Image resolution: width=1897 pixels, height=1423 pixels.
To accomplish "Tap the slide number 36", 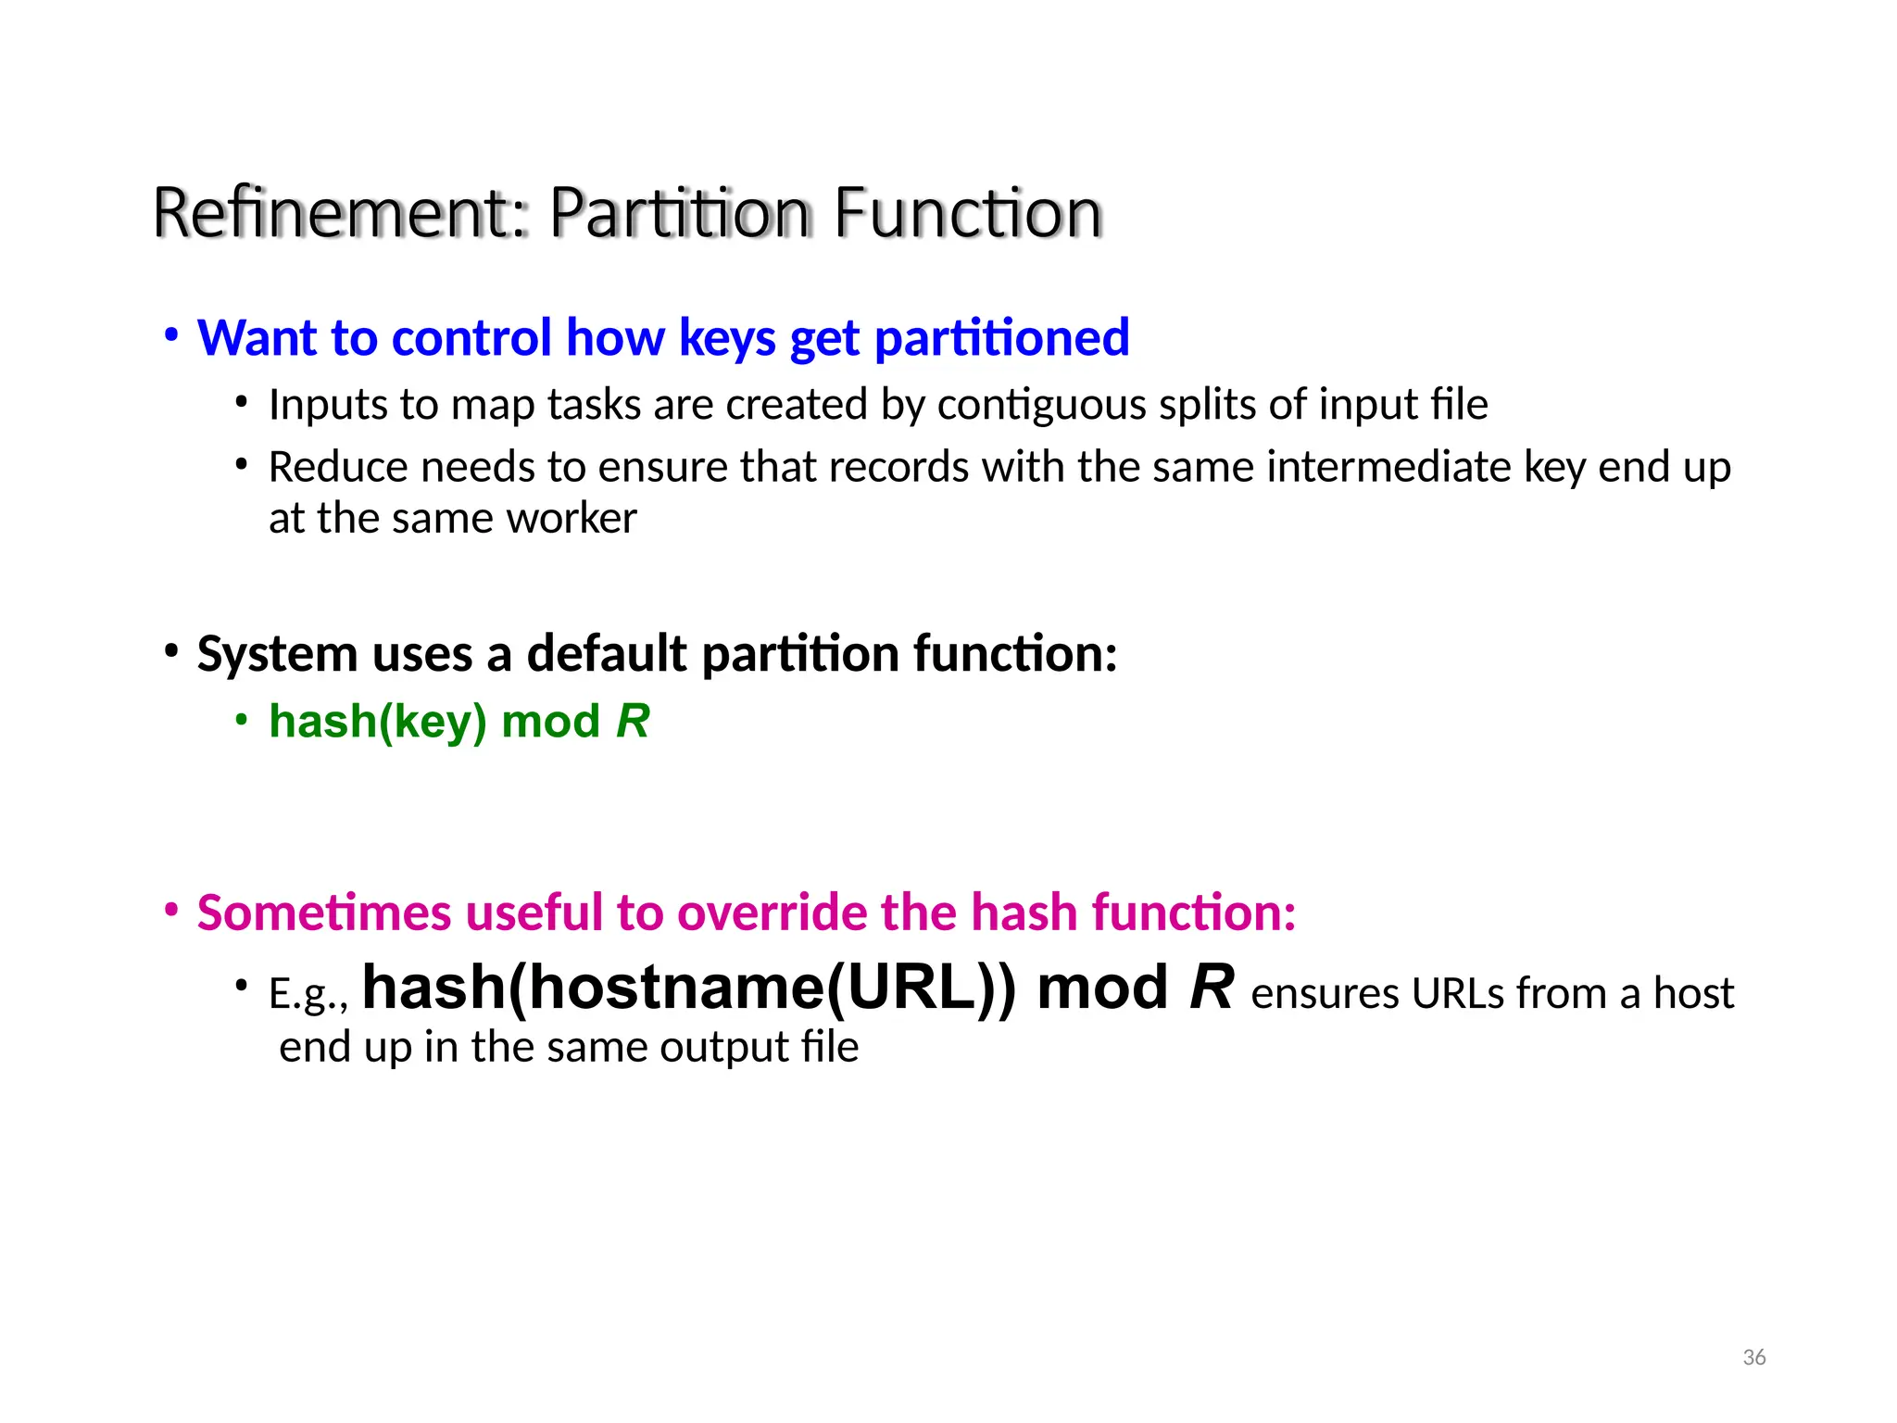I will [1753, 1357].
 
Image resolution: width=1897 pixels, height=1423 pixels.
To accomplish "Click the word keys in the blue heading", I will [727, 339].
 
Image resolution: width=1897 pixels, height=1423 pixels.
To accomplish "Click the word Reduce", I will [338, 467].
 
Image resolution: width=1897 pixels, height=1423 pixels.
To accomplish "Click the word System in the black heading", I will [277, 654].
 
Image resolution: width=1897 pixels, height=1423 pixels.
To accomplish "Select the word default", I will [607, 654].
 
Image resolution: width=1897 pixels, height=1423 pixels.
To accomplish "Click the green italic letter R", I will [633, 722].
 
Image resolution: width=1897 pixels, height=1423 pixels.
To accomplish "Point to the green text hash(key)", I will [378, 722].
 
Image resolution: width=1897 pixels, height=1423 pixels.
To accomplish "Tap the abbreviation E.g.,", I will [308, 995].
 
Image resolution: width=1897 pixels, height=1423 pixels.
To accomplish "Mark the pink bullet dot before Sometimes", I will [170, 911].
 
